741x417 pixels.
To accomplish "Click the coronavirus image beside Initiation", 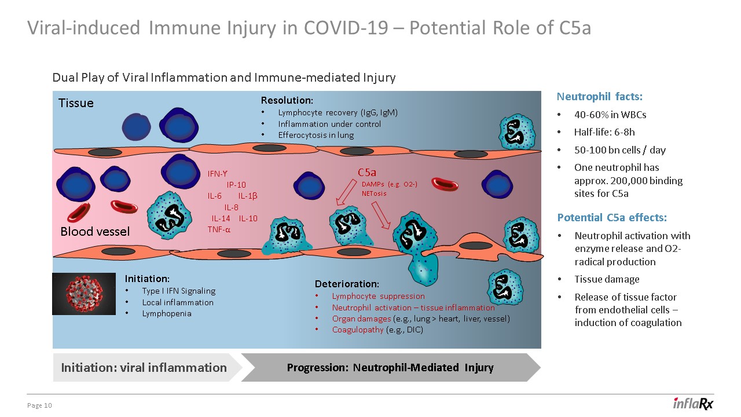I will [83, 294].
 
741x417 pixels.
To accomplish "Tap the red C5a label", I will [367, 172].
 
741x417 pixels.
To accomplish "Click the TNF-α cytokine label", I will [219, 229].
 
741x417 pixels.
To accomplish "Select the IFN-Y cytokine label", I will [218, 173].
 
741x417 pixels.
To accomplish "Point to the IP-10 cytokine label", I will [236, 185].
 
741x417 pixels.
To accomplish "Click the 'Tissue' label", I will [76, 103].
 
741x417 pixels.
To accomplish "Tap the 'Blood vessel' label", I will [95, 232].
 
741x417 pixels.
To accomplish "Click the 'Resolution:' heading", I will [287, 101].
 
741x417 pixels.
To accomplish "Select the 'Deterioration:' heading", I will [347, 284].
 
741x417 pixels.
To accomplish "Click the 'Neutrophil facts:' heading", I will [599, 97].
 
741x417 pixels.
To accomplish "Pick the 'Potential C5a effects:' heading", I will [612, 218].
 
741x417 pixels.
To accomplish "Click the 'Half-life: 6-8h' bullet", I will [604, 132].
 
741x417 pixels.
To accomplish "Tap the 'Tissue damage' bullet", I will [607, 279].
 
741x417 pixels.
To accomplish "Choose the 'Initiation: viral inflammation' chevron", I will [144, 367].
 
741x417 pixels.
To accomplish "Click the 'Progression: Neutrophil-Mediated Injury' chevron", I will [390, 367].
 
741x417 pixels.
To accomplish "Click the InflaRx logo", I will [693, 404].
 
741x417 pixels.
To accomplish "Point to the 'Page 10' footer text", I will [40, 405].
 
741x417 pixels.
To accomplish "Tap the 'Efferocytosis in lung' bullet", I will [316, 135].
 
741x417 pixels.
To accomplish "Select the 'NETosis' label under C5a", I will [373, 193].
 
